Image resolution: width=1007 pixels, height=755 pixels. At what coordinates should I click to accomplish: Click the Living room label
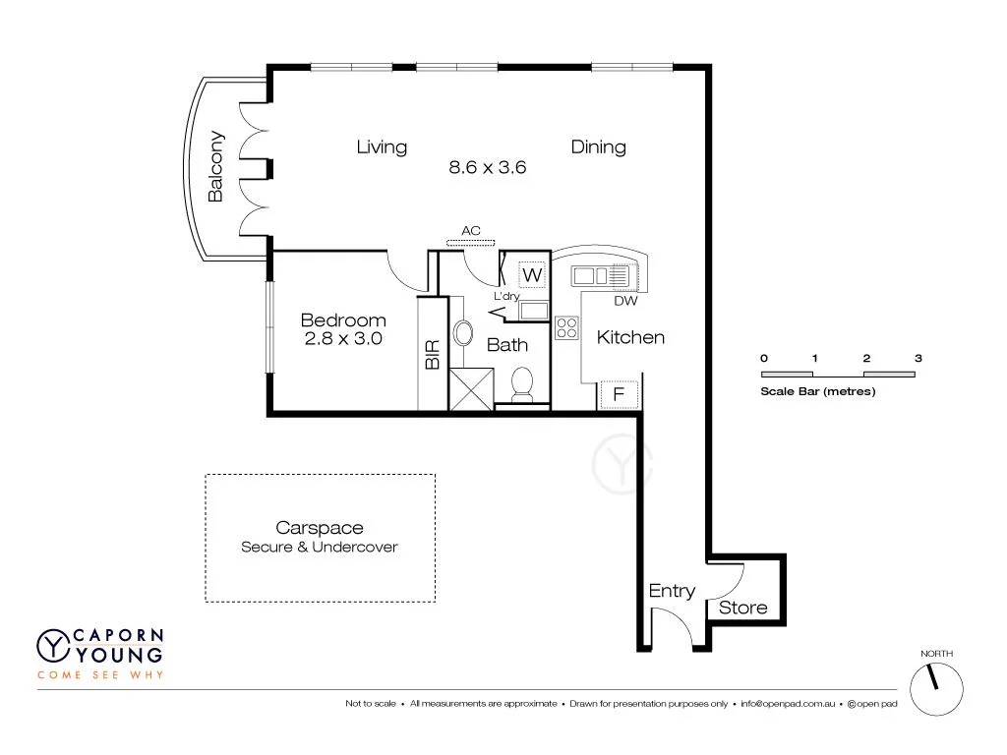382,147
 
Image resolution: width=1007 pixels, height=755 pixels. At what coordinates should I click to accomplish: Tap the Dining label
598,147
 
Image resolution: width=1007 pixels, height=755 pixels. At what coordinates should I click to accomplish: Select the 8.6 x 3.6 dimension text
488,167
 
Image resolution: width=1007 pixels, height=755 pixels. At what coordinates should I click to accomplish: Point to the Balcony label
216,167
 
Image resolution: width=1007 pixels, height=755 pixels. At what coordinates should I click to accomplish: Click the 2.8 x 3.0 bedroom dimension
342,338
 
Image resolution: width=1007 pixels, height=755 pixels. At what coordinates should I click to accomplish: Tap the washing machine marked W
531,274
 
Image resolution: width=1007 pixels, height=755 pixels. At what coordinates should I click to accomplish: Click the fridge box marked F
619,395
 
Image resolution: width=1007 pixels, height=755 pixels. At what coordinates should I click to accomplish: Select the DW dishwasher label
626,301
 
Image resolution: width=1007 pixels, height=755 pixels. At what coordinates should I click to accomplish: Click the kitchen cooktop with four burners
566,327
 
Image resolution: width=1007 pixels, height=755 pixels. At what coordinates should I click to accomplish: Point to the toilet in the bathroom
523,382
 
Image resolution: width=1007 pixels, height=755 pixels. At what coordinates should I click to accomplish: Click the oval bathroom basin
463,331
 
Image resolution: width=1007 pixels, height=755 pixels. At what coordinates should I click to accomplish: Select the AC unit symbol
472,242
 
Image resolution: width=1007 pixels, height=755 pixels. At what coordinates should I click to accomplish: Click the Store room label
742,608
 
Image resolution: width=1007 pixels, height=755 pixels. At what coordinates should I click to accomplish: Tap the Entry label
672,591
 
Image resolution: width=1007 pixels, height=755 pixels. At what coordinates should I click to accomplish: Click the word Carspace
320,528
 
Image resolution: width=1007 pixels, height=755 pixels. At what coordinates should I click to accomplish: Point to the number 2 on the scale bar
866,359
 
